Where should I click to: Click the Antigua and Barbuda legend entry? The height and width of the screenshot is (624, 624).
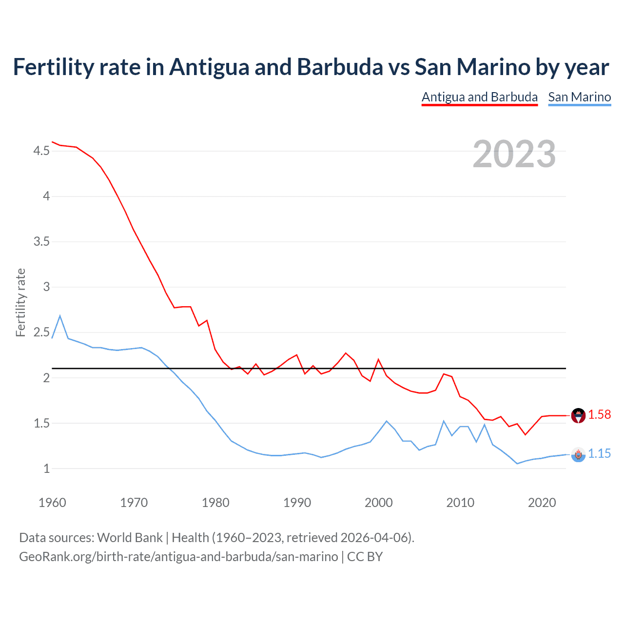[x=479, y=97]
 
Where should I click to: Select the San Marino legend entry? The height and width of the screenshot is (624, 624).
[x=579, y=97]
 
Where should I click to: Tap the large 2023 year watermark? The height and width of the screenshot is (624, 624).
[x=514, y=154]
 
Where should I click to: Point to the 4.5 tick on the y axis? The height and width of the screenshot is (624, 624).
[x=41, y=151]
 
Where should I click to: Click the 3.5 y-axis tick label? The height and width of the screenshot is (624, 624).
[x=41, y=242]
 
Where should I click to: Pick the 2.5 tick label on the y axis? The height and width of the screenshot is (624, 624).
[x=41, y=332]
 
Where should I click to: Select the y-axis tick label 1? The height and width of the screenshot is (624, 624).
[x=46, y=469]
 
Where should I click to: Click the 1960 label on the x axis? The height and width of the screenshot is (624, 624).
[x=52, y=503]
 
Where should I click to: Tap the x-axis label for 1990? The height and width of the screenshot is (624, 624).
[x=297, y=503]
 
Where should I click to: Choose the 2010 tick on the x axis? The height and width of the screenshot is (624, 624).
[x=460, y=503]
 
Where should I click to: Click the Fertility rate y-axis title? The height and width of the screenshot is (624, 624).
[x=20, y=302]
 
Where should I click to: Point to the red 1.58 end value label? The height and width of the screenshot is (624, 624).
[x=599, y=415]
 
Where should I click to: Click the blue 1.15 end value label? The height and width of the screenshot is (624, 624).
[x=599, y=454]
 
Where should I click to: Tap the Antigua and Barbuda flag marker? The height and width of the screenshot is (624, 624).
[x=578, y=416]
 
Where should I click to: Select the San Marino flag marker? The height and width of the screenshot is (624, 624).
[x=578, y=455]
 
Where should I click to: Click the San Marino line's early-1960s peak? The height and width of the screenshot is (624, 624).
[x=60, y=316]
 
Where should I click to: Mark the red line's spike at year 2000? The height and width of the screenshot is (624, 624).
[x=379, y=360]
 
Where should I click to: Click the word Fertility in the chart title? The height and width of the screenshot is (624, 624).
[x=53, y=67]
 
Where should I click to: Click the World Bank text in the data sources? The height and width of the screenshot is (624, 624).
[x=130, y=538]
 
